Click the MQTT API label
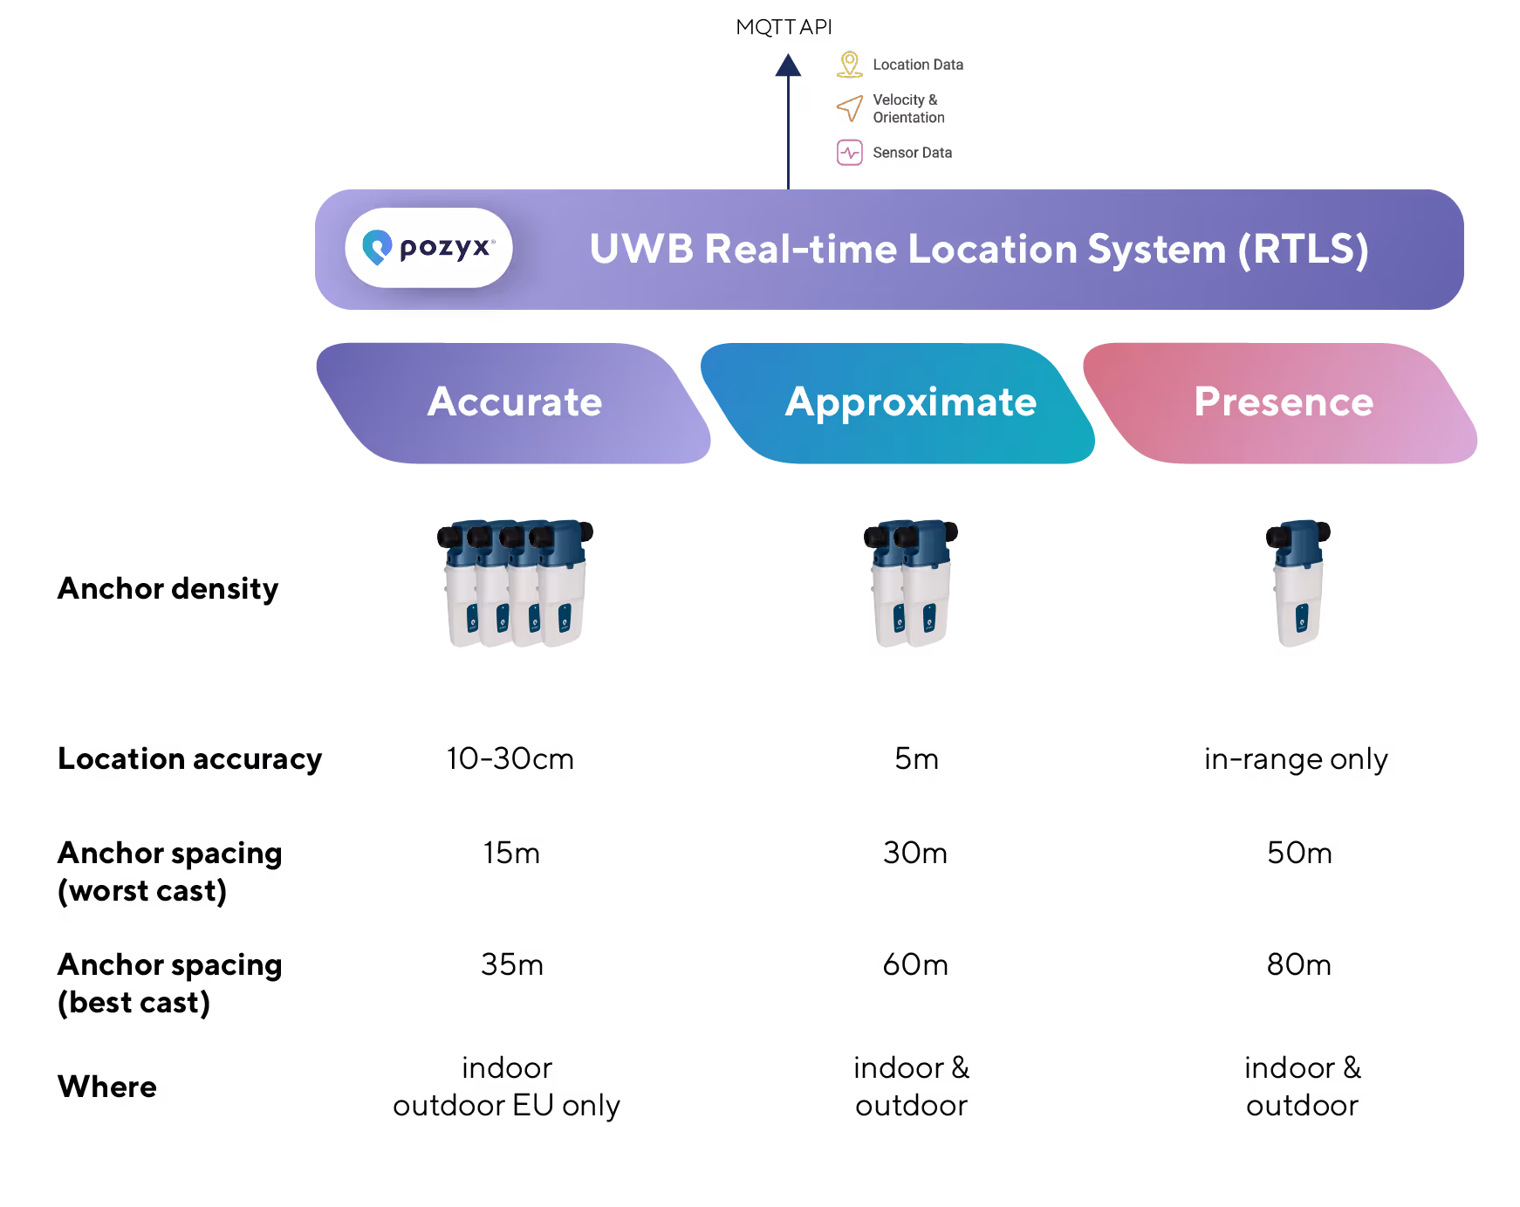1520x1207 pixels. pyautogui.click(x=784, y=28)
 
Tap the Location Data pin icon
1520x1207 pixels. pyautogui.click(x=849, y=65)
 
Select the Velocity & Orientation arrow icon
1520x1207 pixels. pyautogui.click(x=849, y=108)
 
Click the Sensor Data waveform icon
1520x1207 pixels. pyautogui.click(x=849, y=153)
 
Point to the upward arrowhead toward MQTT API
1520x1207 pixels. pyautogui.click(x=788, y=66)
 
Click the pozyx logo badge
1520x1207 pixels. pyautogui.click(x=428, y=248)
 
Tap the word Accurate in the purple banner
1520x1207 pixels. pyautogui.click(x=515, y=402)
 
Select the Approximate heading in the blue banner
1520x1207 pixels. pyautogui.click(x=910, y=402)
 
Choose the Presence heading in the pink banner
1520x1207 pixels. pyautogui.click(x=1284, y=402)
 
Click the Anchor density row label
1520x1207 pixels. pyautogui.click(x=168, y=589)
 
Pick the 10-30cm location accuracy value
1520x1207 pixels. pyautogui.click(x=510, y=758)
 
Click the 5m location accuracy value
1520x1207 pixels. pyautogui.click(x=916, y=758)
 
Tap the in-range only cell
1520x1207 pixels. pyautogui.click(x=1296, y=759)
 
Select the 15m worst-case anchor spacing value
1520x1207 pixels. pyautogui.click(x=511, y=853)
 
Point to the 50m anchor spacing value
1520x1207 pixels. pyautogui.click(x=1299, y=853)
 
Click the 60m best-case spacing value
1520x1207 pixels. pyautogui.click(x=915, y=964)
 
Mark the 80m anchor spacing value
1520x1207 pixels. pyautogui.click(x=1299, y=964)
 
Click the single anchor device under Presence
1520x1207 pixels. pyautogui.click(x=1298, y=582)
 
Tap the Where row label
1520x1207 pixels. pyautogui.click(x=107, y=1087)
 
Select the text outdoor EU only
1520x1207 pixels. pyautogui.click(x=506, y=1106)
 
